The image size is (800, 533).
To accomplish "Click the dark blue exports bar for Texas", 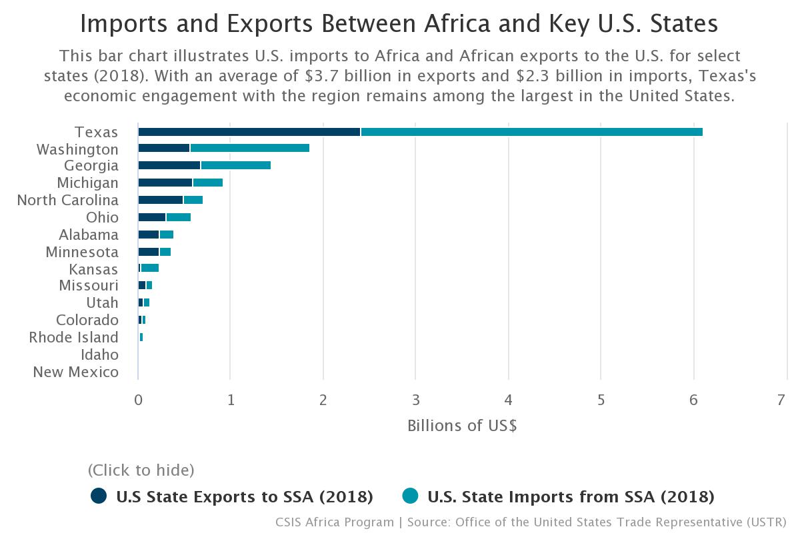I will [x=249, y=132].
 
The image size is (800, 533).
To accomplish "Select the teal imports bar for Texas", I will [x=531, y=132].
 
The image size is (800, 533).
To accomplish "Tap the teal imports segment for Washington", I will [x=249, y=148].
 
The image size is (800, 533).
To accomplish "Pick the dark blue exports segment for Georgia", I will [x=169, y=165].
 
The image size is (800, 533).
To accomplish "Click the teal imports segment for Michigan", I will [x=207, y=183].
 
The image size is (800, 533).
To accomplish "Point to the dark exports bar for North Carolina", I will [x=160, y=200].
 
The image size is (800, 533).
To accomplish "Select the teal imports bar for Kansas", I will [x=149, y=268].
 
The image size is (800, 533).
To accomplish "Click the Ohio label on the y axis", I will [x=102, y=217].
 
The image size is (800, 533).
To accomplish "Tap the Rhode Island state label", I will [x=73, y=337].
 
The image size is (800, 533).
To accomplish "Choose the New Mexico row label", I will [x=76, y=372].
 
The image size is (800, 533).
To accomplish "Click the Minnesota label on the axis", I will [x=82, y=252].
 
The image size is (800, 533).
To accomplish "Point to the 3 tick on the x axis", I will [x=415, y=400].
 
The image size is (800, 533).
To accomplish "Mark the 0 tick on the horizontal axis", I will [x=138, y=400].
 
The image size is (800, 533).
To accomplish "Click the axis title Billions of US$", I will [x=462, y=425].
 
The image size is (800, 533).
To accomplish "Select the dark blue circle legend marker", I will [x=99, y=496].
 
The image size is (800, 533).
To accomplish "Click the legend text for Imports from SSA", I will [x=571, y=496].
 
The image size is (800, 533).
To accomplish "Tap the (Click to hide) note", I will [x=141, y=470].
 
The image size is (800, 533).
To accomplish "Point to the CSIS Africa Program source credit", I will [x=336, y=522].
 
